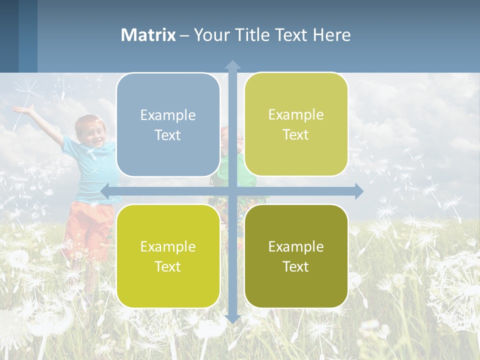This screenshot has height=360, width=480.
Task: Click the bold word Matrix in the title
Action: click(x=148, y=35)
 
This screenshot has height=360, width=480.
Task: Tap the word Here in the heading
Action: click(x=331, y=35)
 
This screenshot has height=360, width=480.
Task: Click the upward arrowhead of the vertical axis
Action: click(x=232, y=64)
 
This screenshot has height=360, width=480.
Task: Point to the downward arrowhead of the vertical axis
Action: click(x=232, y=318)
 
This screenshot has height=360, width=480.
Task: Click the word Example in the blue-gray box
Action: click(x=168, y=115)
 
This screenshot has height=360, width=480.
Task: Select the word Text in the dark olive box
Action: click(x=296, y=266)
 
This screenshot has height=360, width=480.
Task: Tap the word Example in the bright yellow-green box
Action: click(x=168, y=246)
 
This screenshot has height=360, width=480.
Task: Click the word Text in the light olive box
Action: click(x=296, y=135)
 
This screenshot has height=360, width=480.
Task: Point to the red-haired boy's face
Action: click(x=91, y=131)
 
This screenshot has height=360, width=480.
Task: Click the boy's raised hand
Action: click(x=22, y=108)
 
